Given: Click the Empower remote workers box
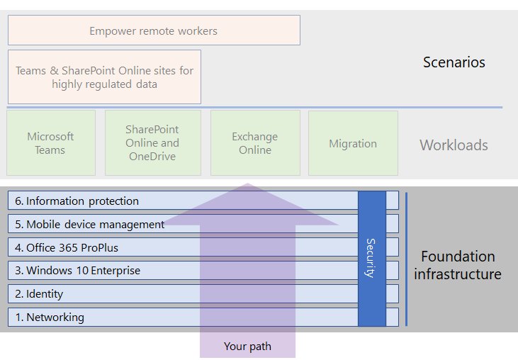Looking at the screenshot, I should tap(154, 30).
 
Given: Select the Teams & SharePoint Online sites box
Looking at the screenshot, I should tap(104, 77).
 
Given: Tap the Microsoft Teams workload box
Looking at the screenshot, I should tap(50, 143).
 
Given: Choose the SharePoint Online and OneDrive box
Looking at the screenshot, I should tap(152, 142).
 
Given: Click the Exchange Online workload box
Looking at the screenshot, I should tap(255, 143).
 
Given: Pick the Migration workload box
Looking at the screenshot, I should tap(353, 143).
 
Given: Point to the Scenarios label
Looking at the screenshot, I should tap(454, 62).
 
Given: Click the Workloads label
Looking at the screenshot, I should tap(454, 145).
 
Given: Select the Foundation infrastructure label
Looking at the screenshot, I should tap(458, 265).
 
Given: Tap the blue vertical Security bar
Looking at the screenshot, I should tap(372, 258).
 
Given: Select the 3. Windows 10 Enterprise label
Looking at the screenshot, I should tap(83, 271).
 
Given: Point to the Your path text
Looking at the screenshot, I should tap(246, 346).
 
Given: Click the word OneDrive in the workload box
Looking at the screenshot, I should tap(152, 156).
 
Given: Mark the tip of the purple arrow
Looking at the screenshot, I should tap(246, 185).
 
